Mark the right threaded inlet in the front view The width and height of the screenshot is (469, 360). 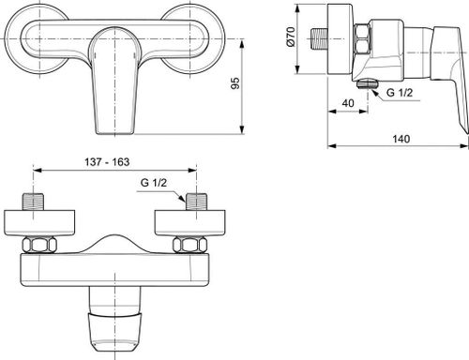196,203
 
